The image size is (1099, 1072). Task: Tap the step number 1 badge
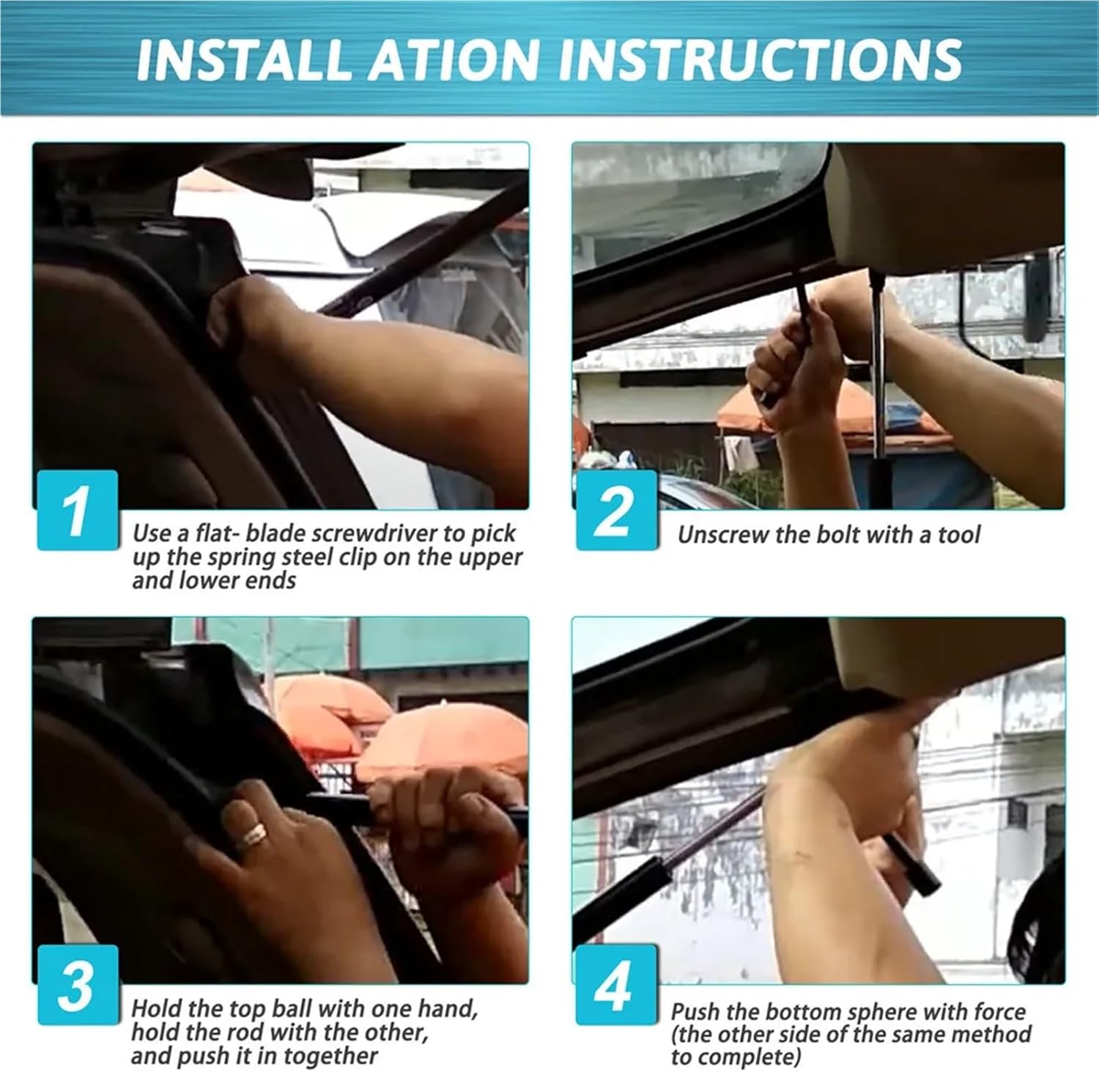pos(78,510)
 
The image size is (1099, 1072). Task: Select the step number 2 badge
pos(616,510)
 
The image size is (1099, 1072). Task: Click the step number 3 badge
pos(78,985)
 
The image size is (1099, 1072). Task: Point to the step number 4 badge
pos(616,985)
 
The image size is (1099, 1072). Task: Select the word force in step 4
pos(1000,1012)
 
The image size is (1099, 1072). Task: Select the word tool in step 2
pos(958,535)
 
